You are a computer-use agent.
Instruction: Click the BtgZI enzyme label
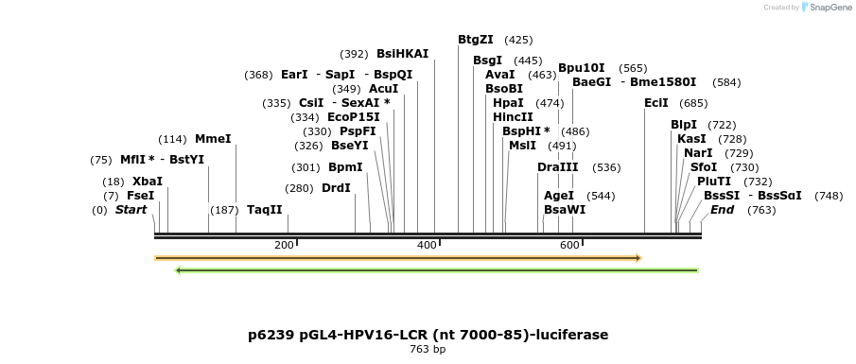[476, 40]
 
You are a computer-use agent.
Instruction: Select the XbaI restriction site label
[147, 182]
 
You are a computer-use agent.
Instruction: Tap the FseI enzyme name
[140, 196]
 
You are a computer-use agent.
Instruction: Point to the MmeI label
[213, 139]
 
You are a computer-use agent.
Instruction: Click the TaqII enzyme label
[265, 210]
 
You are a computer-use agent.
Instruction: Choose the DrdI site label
[336, 188]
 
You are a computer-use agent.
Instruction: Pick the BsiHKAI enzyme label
[402, 54]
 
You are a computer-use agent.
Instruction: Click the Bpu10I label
[582, 68]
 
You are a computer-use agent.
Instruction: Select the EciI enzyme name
[656, 103]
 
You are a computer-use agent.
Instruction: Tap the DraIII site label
[558, 167]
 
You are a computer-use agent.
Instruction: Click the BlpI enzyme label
[684, 125]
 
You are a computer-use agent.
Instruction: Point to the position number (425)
[518, 40]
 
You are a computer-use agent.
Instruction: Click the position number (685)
[693, 103]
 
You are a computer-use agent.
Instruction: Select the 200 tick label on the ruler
[284, 246]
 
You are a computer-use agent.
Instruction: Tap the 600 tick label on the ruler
[569, 246]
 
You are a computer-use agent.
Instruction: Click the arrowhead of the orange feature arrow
[638, 257]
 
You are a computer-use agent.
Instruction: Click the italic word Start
[131, 210]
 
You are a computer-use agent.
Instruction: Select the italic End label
[723, 210]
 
